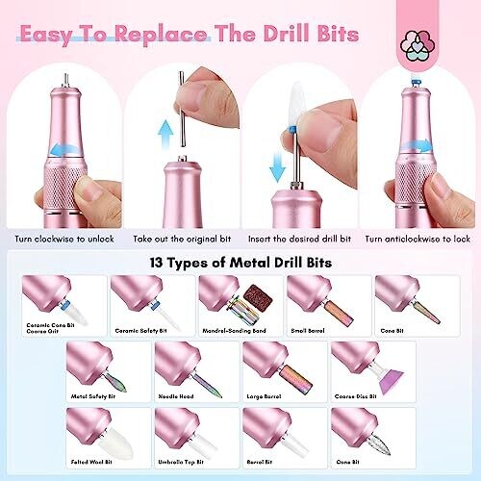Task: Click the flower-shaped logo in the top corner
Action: coord(418,46)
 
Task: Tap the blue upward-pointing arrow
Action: coord(166,135)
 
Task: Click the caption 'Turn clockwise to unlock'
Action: coord(64,239)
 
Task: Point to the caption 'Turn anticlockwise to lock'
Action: coord(418,239)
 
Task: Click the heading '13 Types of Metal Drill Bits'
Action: coord(240,263)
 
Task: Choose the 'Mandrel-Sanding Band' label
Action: coord(234,331)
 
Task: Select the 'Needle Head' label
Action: coord(176,396)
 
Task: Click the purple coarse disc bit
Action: coord(391,381)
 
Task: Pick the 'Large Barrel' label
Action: coord(264,396)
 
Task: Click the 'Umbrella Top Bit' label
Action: coord(181,462)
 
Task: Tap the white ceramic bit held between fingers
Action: coord(298,110)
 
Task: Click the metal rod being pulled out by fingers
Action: coord(182,109)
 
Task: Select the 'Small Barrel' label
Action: coord(308,331)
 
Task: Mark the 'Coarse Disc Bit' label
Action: coord(356,396)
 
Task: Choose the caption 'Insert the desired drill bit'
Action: coord(299,239)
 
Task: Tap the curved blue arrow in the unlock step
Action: coord(64,149)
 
